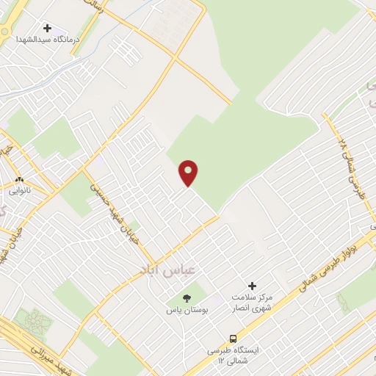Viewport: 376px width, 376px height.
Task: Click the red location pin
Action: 189,173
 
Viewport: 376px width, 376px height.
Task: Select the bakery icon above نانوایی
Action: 20,178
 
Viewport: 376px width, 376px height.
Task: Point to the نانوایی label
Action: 20,190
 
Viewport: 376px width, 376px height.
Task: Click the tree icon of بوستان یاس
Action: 186,297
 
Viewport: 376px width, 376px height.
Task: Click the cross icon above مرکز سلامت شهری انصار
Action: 253,286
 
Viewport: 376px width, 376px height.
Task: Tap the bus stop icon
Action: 233,339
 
